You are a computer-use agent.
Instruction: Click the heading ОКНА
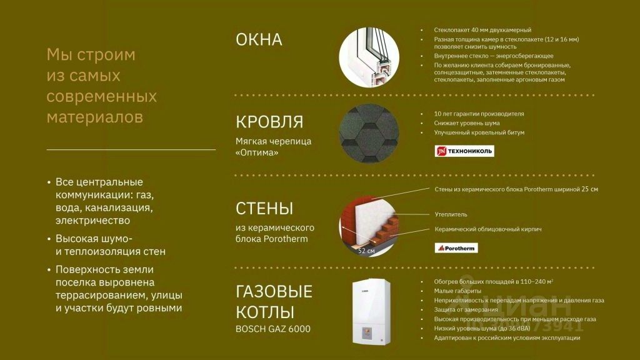coord(259,39)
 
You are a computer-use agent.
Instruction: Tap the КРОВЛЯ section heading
coord(269,122)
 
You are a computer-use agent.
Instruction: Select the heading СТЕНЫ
coord(264,208)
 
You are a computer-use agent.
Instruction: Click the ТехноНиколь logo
coord(464,151)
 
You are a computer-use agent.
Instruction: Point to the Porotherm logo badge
coord(456,247)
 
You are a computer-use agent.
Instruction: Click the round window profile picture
coord(369,57)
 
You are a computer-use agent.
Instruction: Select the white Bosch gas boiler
coord(371,312)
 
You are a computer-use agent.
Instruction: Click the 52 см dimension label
coord(366,251)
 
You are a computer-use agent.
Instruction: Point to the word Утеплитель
coord(451,214)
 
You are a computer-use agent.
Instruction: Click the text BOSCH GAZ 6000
coord(272,329)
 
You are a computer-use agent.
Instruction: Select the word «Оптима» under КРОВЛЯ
coord(257,152)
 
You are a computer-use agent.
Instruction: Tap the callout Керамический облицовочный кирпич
coord(487,229)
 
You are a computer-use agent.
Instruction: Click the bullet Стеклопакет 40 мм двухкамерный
coord(482,30)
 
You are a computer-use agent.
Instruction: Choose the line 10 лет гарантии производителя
coord(479,114)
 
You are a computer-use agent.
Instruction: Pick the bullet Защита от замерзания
coord(466,310)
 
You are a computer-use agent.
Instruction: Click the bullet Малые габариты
coord(457,291)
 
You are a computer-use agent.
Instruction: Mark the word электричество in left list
coord(92,221)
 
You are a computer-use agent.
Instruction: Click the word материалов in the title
coord(95,117)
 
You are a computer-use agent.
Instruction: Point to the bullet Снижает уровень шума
coord(466,123)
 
